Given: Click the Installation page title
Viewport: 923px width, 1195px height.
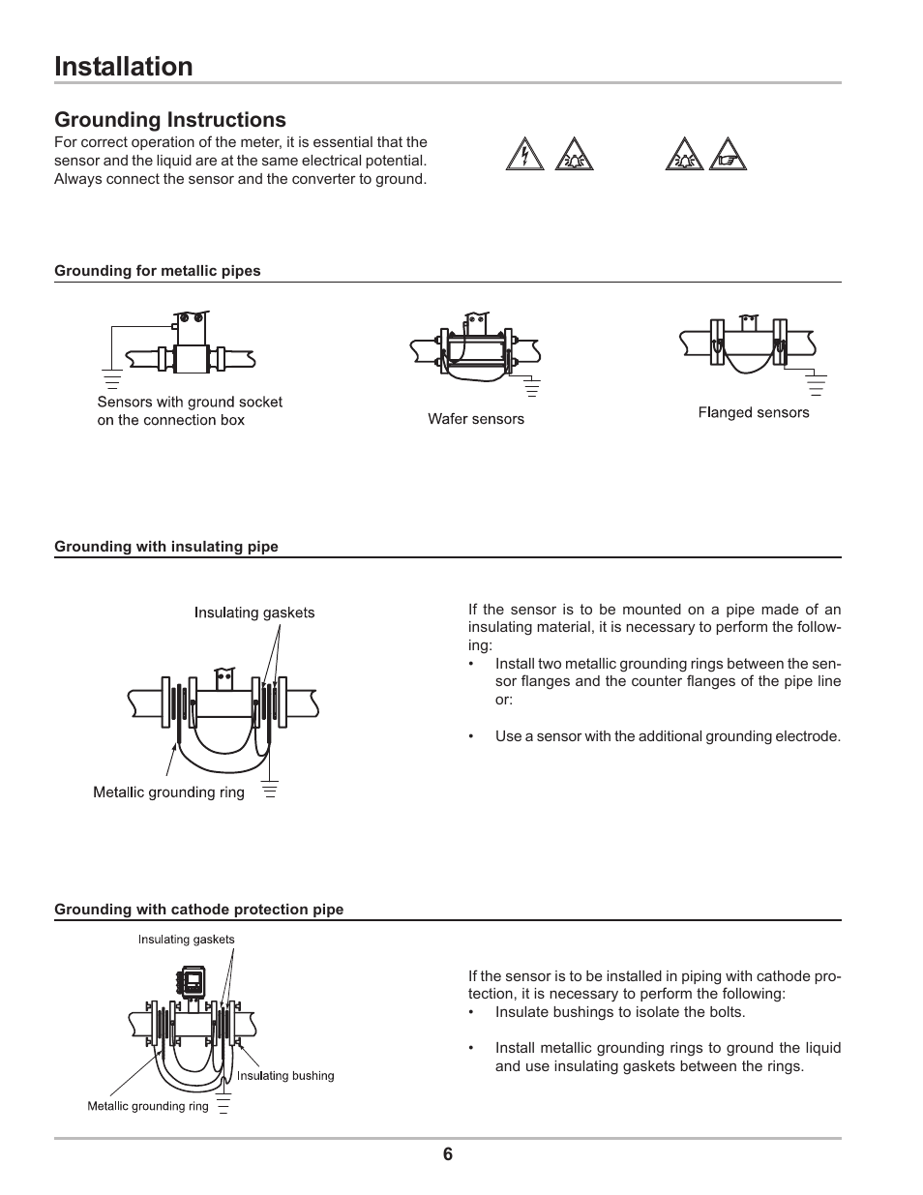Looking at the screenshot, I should pos(124,67).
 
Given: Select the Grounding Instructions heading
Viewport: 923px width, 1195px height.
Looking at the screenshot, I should pos(170,120).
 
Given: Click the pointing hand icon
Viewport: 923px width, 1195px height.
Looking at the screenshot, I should pos(728,156).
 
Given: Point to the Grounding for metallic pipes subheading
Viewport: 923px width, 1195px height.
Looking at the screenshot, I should pos(158,271).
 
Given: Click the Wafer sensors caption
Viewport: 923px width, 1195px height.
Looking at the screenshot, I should pos(476,419).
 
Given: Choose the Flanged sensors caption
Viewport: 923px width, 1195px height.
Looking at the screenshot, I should pos(754,413).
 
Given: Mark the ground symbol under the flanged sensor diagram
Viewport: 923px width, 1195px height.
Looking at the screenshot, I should pos(816,386).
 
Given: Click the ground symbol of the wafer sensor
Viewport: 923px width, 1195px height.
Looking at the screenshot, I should pos(531,389).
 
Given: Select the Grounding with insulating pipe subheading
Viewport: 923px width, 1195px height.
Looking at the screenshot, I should pos(166,547).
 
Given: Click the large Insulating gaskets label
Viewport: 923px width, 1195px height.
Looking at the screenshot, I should pos(254,612).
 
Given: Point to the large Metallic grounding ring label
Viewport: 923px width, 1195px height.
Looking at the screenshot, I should pos(168,792).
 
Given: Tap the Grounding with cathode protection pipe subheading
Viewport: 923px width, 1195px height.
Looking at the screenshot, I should pos(199,910).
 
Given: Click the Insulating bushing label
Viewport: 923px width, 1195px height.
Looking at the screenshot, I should pos(285,1076).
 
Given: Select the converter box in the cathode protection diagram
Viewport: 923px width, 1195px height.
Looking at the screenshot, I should pos(193,982).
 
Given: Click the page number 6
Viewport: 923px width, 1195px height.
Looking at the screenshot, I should pos(448,1154).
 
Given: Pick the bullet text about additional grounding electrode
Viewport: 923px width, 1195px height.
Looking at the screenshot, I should pos(668,736).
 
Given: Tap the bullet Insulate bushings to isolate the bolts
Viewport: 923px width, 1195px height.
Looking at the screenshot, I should pos(620,1012).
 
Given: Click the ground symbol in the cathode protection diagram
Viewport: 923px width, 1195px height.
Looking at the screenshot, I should pos(224,1104).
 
